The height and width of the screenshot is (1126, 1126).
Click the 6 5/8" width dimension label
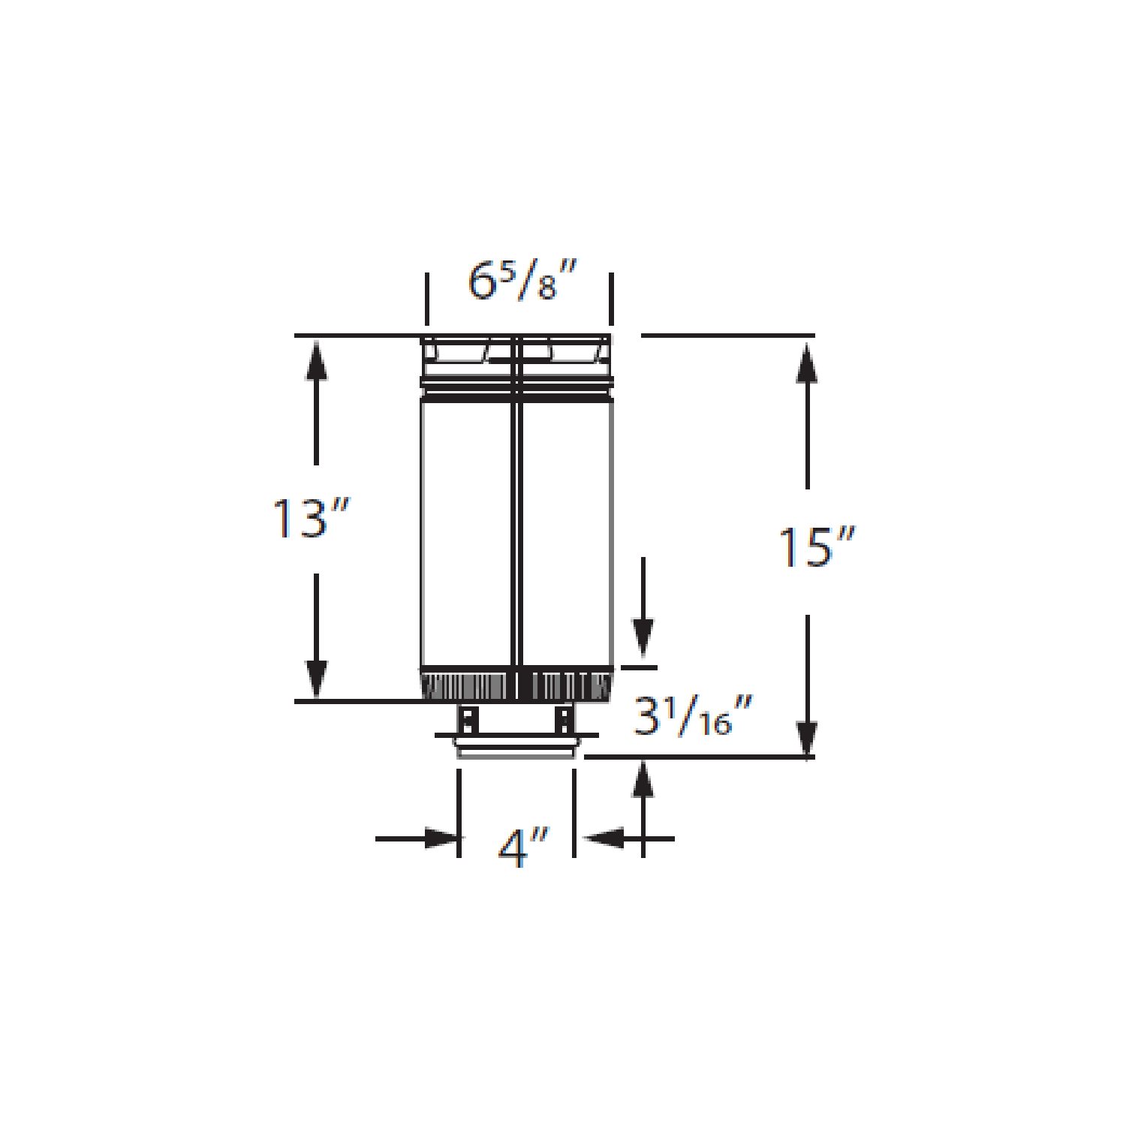coord(522,281)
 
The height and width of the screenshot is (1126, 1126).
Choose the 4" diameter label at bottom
coord(523,848)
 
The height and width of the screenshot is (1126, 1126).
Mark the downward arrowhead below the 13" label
coord(316,679)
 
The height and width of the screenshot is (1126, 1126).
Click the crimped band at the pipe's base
coord(516,685)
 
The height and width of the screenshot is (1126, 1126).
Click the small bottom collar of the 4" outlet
coord(516,749)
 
